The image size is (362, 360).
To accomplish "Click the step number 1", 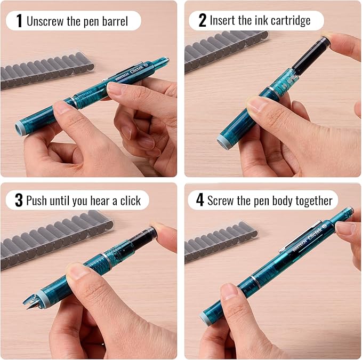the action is (x=19, y=21).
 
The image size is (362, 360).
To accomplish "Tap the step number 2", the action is (x=202, y=20).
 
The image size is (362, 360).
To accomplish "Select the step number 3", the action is (x=19, y=200).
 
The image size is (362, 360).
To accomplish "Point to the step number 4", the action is (x=200, y=200).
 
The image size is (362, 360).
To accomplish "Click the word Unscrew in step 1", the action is (x=45, y=21).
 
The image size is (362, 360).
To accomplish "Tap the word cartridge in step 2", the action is (x=291, y=21).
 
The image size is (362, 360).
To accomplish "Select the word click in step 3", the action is (x=131, y=201).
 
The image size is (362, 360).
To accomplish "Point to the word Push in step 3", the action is (x=36, y=200).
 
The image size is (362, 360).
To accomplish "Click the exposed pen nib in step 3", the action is (x=29, y=302).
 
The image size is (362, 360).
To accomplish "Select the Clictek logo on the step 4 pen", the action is (x=315, y=233).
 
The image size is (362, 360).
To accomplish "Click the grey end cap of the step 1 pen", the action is (x=19, y=127).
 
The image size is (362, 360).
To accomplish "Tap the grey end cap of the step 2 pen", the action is (x=223, y=141).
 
